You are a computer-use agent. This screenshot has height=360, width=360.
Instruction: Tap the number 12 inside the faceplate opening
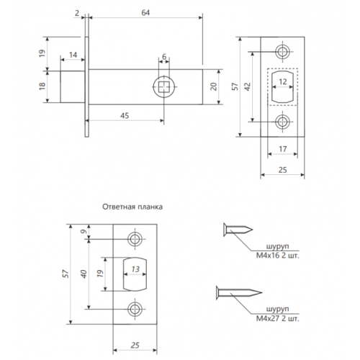pyautogui.click(x=282, y=81)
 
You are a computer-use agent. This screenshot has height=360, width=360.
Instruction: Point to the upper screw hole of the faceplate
pyautogui.click(x=282, y=52)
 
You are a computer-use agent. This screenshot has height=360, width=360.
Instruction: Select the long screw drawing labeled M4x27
pyautogui.click(x=237, y=293)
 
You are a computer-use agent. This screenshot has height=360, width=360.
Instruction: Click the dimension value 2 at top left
pyautogui.click(x=77, y=12)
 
